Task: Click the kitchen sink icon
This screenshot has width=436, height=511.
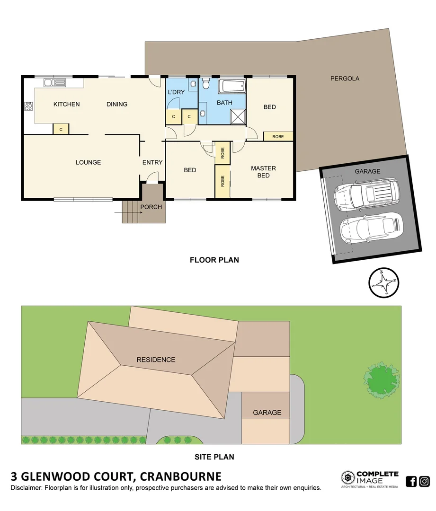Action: tap(54, 83)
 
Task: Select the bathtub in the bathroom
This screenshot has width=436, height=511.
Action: tap(232, 87)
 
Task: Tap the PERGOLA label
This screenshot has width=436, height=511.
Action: tap(345, 79)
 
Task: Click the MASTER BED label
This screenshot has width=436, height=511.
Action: tap(263, 172)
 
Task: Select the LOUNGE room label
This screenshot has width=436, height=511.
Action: tap(88, 162)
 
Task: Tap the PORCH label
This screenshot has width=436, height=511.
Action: tap(151, 207)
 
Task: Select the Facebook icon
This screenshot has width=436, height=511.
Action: tap(411, 482)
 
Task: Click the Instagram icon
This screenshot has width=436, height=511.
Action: tap(424, 482)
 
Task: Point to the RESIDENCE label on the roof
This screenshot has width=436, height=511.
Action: tap(156, 360)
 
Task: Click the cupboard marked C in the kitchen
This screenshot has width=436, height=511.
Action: tap(61, 129)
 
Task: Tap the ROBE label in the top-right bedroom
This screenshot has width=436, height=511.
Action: tap(278, 136)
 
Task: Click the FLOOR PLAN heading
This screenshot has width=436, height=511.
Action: tap(214, 260)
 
